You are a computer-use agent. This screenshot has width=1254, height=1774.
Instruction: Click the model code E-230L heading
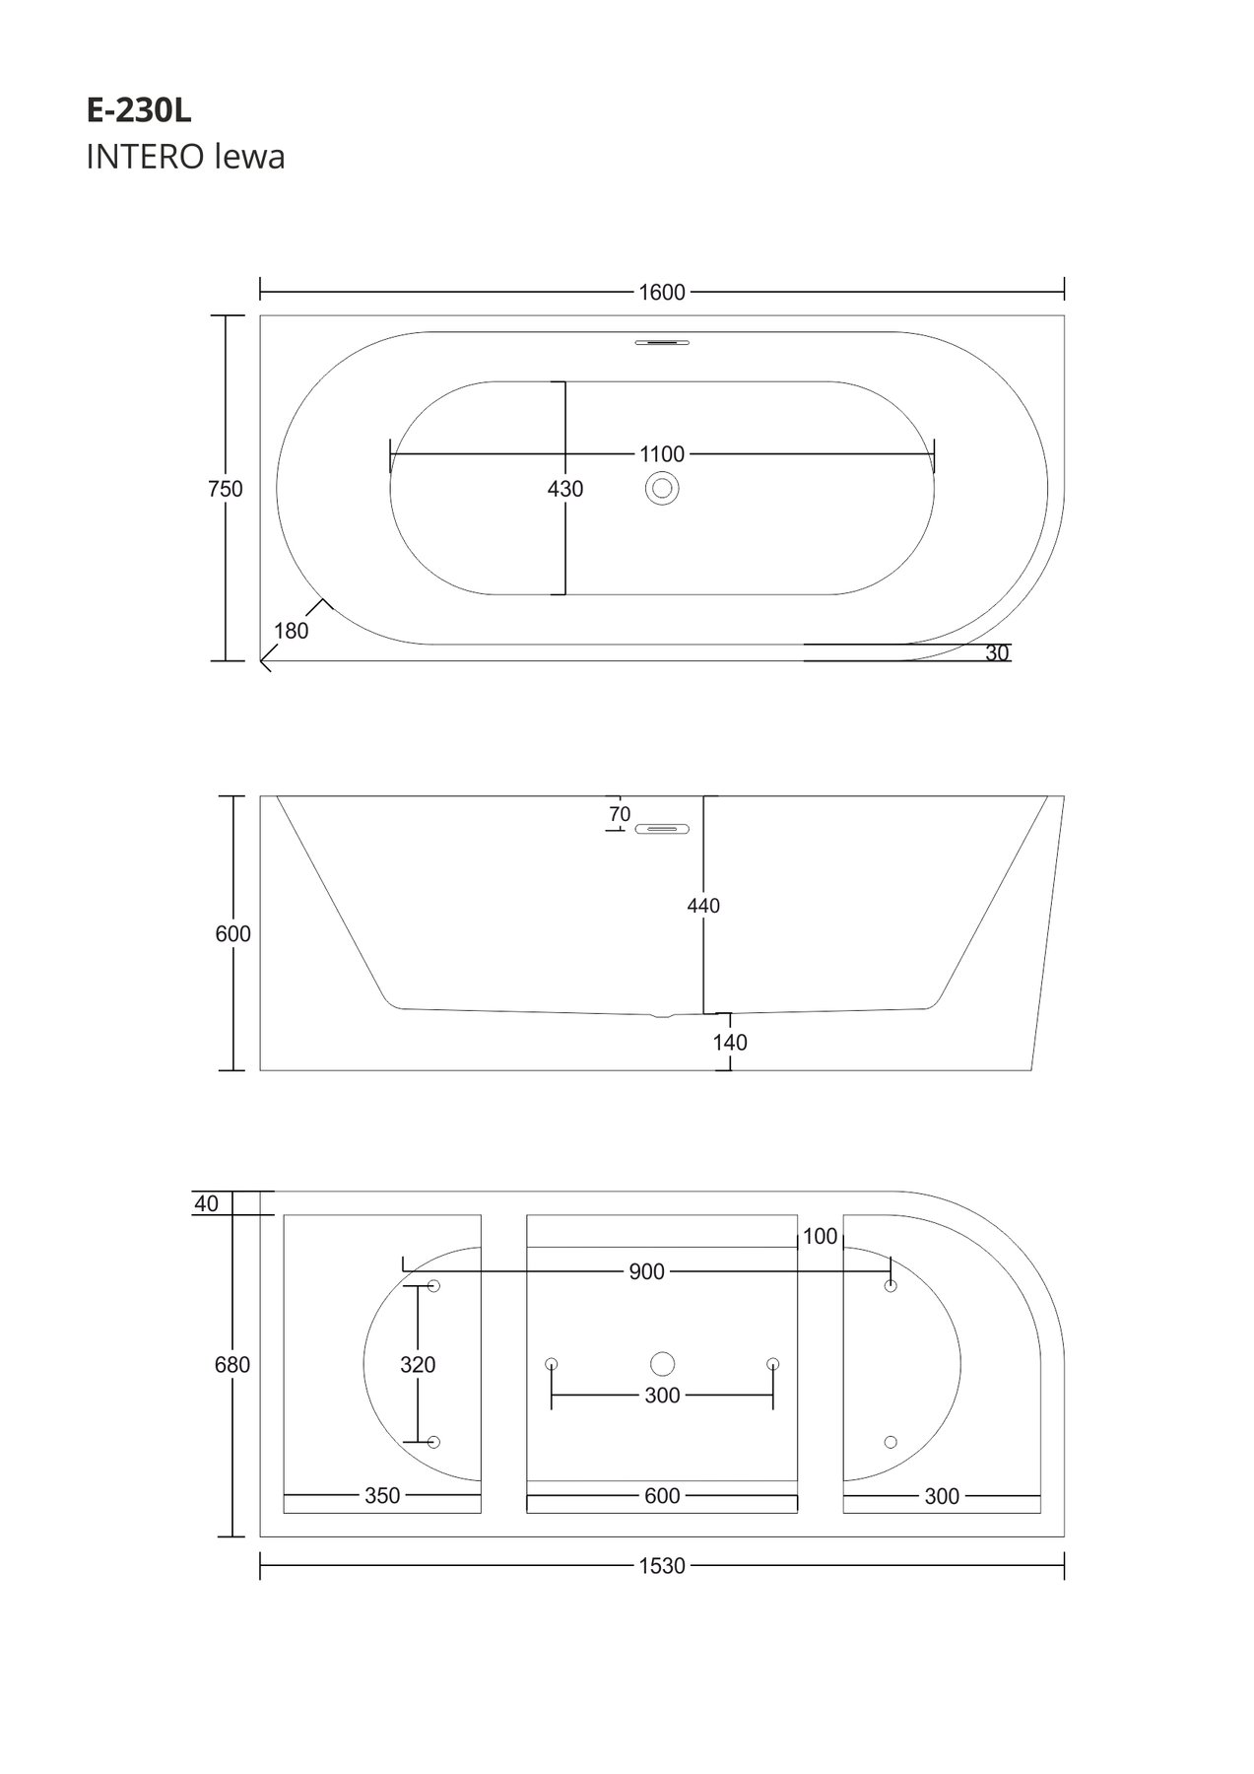tap(139, 111)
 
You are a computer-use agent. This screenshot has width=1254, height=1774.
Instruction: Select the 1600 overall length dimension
tap(662, 292)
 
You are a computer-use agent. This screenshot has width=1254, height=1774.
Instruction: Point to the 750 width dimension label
tap(226, 489)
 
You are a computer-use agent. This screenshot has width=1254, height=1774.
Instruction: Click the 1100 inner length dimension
tap(662, 454)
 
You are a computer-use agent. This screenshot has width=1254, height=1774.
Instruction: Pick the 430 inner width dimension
tap(565, 489)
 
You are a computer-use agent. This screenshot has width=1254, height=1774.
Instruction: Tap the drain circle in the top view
tap(662, 488)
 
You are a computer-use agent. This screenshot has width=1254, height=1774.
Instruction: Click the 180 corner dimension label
tap(292, 631)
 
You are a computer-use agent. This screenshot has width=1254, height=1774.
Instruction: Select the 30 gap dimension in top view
tap(997, 652)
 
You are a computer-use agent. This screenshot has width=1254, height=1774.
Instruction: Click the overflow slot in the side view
tap(662, 829)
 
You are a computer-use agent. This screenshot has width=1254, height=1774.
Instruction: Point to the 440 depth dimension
tap(703, 905)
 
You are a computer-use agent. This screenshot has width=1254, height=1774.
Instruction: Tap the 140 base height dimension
tap(730, 1042)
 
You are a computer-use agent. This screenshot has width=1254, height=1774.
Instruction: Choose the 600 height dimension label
tap(233, 933)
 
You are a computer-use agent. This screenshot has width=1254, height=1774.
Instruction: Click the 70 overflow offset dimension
tap(620, 814)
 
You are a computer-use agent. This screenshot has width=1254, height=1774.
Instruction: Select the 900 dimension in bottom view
tap(646, 1272)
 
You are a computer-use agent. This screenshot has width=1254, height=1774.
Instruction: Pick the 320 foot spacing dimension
tap(418, 1365)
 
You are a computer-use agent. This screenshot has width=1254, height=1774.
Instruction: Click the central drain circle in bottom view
tap(662, 1364)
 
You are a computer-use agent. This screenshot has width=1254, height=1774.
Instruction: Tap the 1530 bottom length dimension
tap(662, 1566)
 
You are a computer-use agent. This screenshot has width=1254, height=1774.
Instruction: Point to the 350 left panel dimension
tap(382, 1496)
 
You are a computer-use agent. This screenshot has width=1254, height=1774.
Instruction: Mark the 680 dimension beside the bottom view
tap(233, 1365)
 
